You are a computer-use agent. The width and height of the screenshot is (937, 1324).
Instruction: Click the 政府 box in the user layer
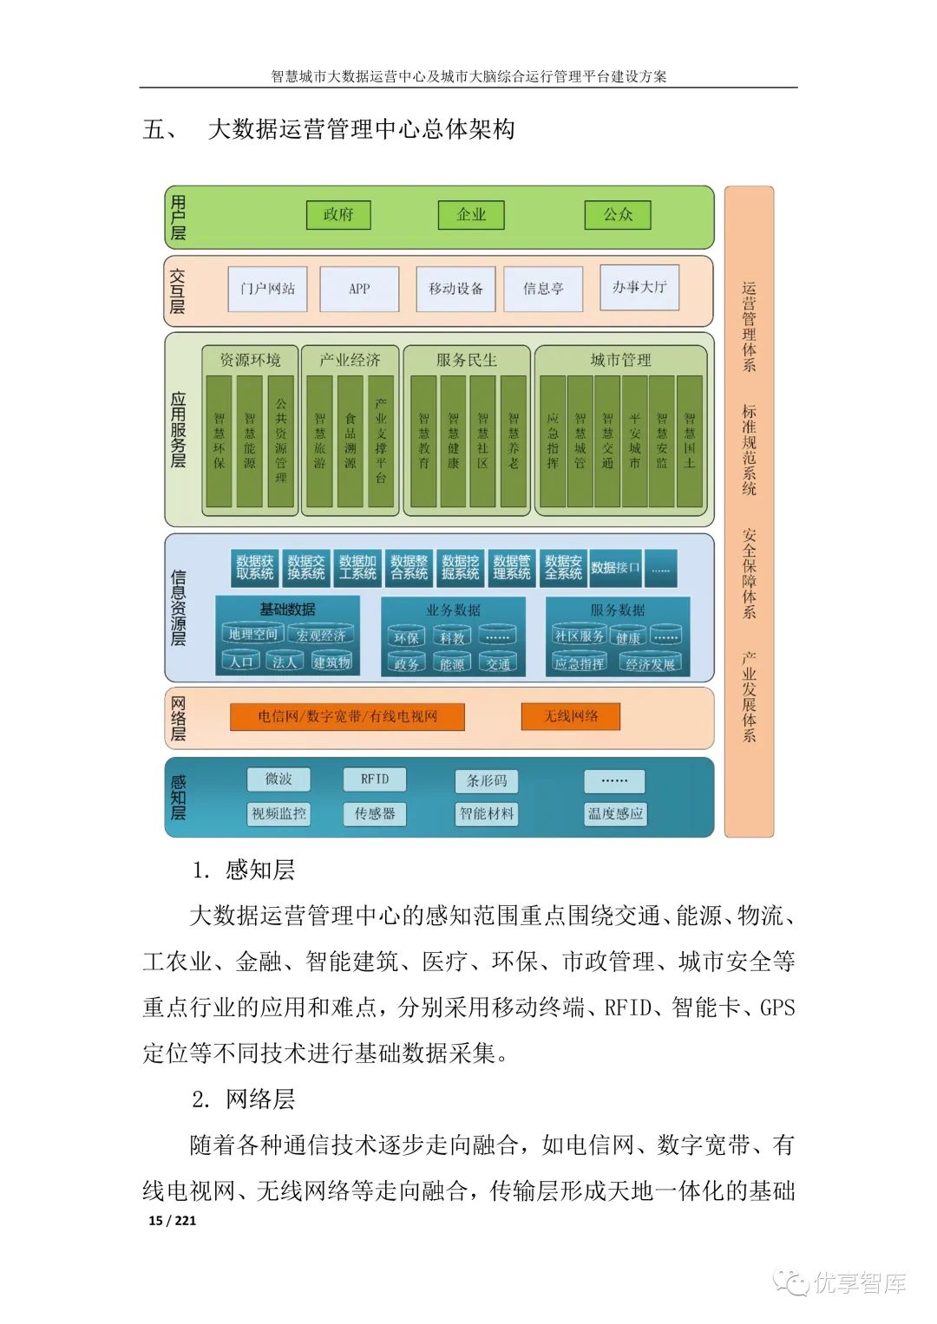coord(338,214)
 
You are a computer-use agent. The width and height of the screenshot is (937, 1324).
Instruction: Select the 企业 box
coord(471,214)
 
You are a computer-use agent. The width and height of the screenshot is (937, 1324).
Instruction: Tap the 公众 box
coord(618,214)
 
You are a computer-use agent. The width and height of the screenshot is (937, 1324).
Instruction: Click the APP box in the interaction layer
coord(359,289)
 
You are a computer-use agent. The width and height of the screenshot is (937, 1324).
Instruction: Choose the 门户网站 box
coord(268,289)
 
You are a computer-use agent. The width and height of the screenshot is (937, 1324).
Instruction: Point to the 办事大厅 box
coord(639,287)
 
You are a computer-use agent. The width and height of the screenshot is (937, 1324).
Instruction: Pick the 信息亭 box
coord(543,289)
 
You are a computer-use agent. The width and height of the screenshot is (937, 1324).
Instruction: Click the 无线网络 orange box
coord(570,716)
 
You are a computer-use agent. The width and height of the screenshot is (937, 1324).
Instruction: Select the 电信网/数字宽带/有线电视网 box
coord(347,716)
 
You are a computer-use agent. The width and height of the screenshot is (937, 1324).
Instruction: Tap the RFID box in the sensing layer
coord(375,779)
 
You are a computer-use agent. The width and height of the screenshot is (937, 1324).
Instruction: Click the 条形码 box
coord(487,780)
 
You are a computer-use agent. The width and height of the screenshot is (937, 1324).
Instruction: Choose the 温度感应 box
coord(615,813)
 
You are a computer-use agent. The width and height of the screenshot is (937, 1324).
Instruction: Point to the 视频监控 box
coord(278,813)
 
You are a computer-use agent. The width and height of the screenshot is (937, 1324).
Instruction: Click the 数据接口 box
coord(615,568)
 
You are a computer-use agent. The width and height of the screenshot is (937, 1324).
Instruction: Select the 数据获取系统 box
coord(254,568)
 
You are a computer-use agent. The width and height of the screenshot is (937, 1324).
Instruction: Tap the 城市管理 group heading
coord(620,360)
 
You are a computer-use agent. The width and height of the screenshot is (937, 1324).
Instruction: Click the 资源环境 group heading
coord(250,360)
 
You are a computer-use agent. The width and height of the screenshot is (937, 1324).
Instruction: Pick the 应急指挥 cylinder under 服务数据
coord(580,663)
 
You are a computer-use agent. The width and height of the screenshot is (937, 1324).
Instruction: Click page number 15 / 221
coord(173,1220)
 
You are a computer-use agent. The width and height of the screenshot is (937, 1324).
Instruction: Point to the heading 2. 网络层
coord(244,1099)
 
